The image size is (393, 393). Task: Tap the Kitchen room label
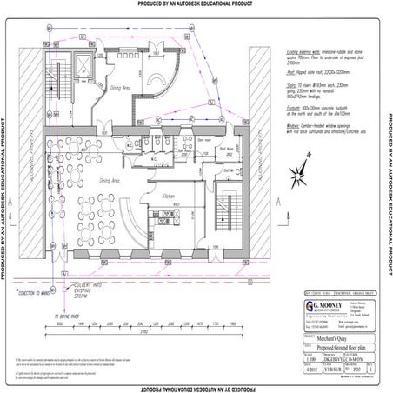coord(170,196)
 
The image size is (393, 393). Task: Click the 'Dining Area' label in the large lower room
coord(110,180)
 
